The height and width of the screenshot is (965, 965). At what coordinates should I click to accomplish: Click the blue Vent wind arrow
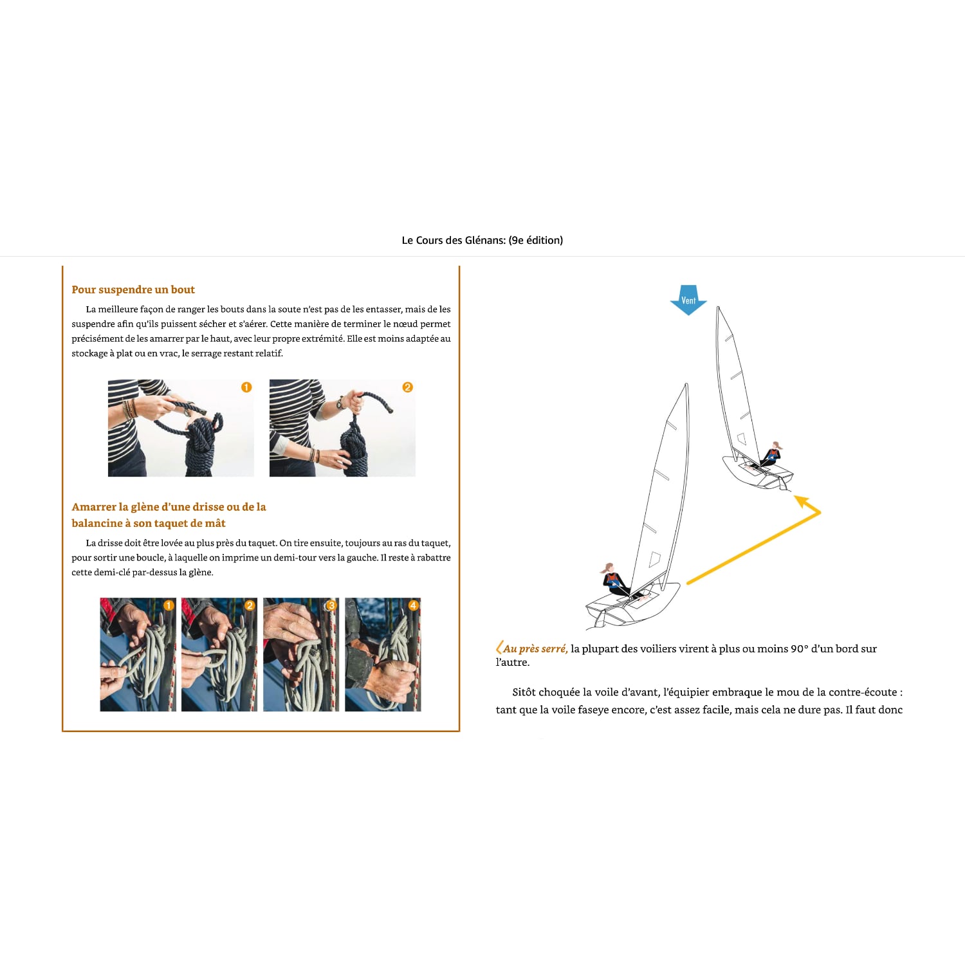click(688, 300)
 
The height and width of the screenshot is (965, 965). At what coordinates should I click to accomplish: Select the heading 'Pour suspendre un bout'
click(133, 289)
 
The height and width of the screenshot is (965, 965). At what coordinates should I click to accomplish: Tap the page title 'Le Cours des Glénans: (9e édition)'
click(482, 240)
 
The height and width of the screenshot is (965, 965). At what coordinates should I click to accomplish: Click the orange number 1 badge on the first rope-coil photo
click(246, 387)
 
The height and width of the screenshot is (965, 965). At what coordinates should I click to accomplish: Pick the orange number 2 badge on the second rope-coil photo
click(407, 387)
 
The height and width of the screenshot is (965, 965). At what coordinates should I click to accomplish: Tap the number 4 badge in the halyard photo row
click(413, 605)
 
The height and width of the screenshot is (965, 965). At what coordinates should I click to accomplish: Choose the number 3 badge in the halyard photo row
click(331, 605)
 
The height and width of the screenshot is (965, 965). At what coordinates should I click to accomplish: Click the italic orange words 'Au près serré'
click(535, 648)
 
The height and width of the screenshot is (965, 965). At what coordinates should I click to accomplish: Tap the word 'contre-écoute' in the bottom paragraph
click(858, 692)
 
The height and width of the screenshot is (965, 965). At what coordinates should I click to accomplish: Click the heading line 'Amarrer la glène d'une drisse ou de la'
click(169, 507)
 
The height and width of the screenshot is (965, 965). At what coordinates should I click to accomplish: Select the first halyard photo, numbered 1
click(138, 654)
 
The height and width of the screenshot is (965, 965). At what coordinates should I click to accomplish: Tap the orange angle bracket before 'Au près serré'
click(499, 648)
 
